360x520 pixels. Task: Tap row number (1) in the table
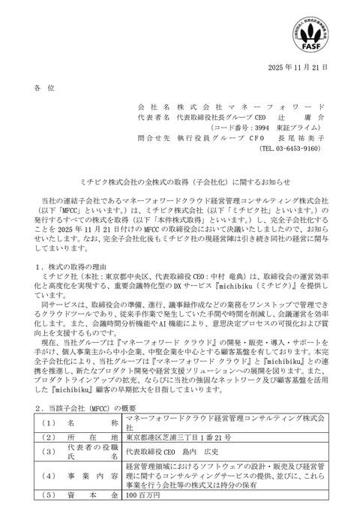click(49, 422)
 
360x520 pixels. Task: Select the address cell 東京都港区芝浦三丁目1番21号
click(178, 437)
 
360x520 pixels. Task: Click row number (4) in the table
click(49, 476)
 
